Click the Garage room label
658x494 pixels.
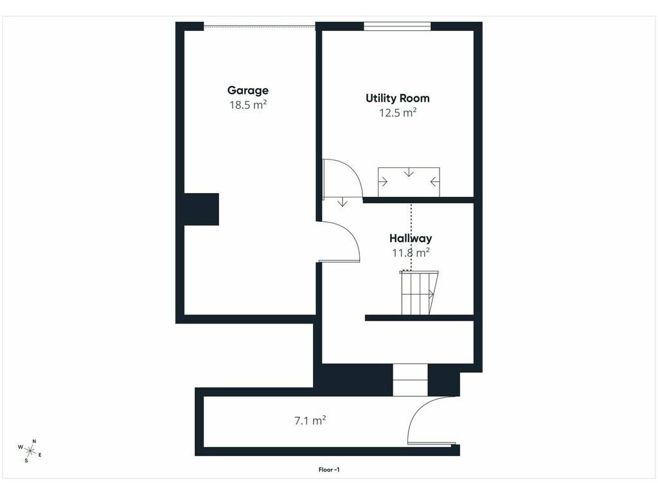(x=247, y=91)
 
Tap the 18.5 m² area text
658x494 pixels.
(x=248, y=105)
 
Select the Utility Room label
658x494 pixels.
(x=397, y=98)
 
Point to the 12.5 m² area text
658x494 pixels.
(x=398, y=113)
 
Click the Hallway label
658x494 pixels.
(x=411, y=238)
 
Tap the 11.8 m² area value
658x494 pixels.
(x=411, y=252)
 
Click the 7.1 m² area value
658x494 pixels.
(x=310, y=421)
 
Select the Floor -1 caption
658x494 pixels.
(x=328, y=470)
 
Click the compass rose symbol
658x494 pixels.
(x=30, y=451)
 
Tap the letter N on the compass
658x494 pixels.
(x=35, y=441)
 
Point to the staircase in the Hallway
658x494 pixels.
(x=418, y=293)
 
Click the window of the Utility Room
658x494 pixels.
(x=397, y=26)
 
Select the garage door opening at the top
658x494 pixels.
(x=260, y=27)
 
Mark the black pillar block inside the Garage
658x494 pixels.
(x=201, y=209)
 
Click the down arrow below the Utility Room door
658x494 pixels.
(x=343, y=202)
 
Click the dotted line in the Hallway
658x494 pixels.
(x=411, y=237)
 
